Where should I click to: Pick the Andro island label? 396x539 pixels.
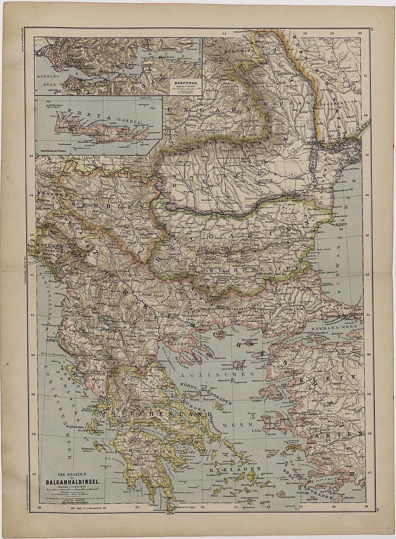point(233,443)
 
